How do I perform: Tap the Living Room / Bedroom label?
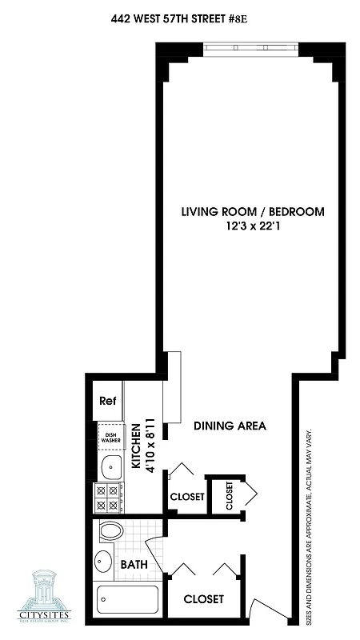point(252,211)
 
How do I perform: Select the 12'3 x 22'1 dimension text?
point(253,226)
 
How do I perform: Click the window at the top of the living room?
point(250,49)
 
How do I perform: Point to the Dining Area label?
point(230,426)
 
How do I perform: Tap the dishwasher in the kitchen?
point(110,438)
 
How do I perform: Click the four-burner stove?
point(109,498)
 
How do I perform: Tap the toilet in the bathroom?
point(111,531)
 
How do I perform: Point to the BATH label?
point(134,564)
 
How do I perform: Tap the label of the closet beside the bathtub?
point(203,599)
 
